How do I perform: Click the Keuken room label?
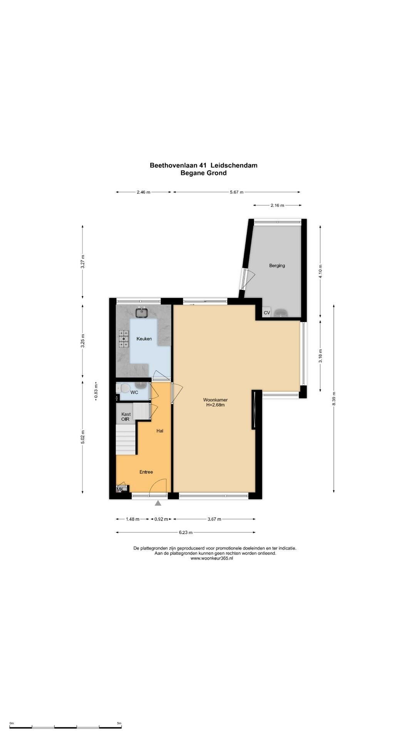tap(144, 339)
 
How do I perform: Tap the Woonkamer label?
tap(215, 400)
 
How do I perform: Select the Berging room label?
tap(277, 266)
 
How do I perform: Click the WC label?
tap(134, 392)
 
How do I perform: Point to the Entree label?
tap(146, 472)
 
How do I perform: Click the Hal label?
tap(160, 431)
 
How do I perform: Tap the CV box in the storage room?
tap(267, 313)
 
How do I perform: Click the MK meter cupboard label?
tap(120, 489)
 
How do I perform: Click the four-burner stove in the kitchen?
tap(124, 339)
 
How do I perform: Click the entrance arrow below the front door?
tap(158, 503)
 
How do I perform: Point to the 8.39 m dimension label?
tap(334, 398)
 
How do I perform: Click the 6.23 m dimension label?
tap(186, 533)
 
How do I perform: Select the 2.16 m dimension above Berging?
tap(277, 205)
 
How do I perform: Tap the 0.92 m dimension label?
tap(161, 519)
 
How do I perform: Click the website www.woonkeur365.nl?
tap(212, 558)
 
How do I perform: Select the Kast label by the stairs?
tap(126, 414)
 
